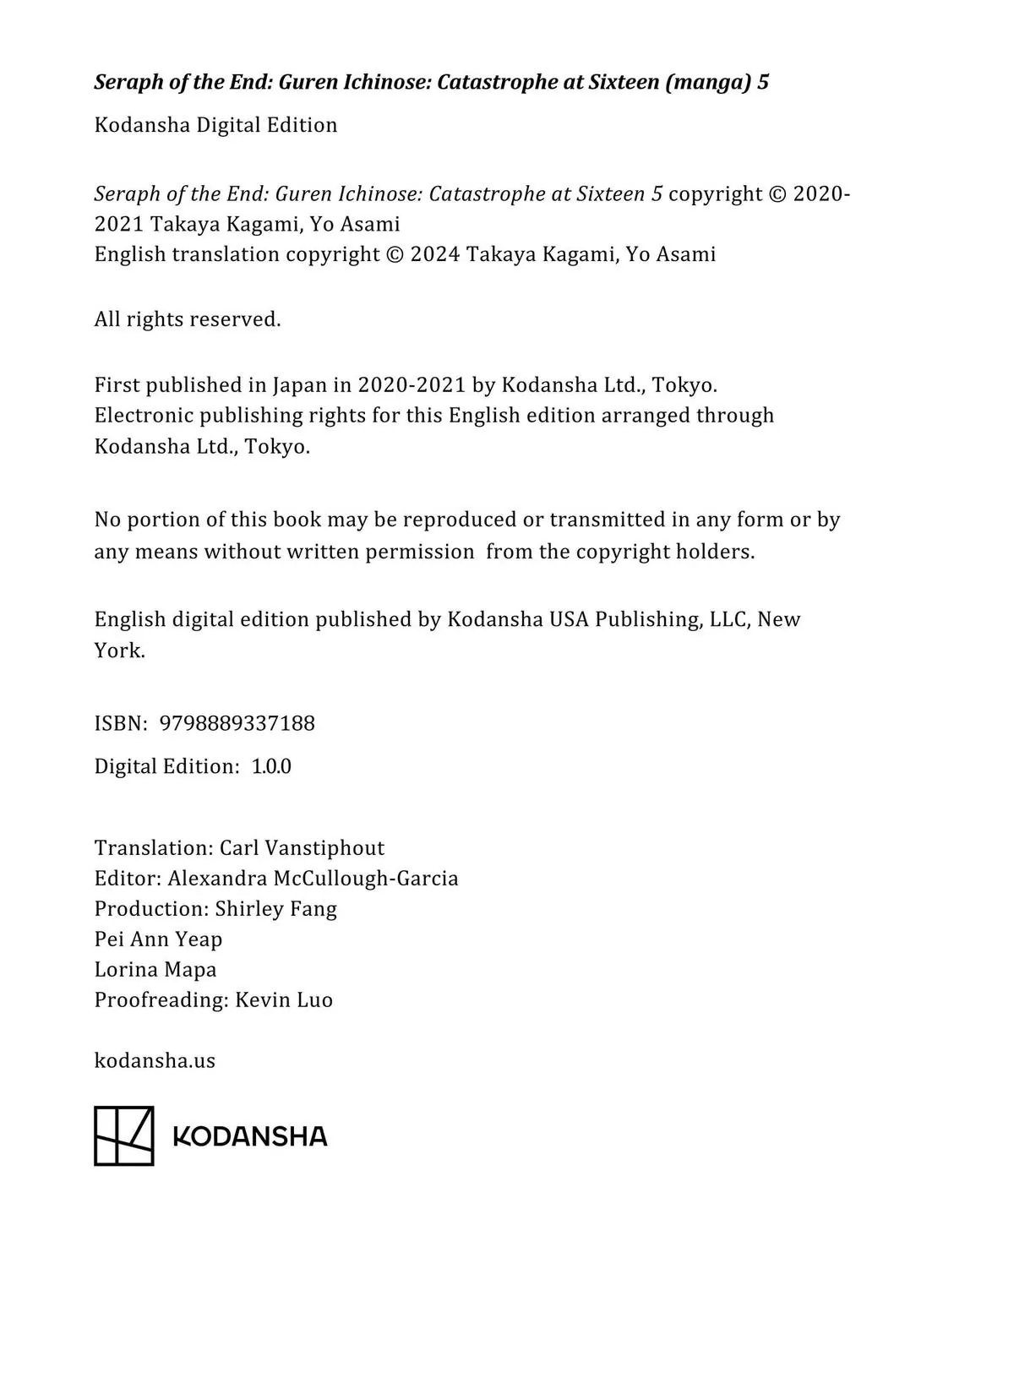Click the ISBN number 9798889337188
click(x=237, y=723)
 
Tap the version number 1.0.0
click(x=271, y=766)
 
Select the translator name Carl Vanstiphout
click(x=302, y=848)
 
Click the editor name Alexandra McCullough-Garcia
click(x=313, y=879)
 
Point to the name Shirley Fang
click(x=275, y=909)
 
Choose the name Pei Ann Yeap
click(x=158, y=939)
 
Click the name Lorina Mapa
click(x=155, y=970)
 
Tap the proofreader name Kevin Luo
click(x=284, y=1000)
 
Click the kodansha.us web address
click(x=155, y=1060)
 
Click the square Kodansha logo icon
click(x=124, y=1135)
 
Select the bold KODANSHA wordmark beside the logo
click(x=250, y=1136)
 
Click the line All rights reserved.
click(x=188, y=319)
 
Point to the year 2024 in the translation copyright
click(x=434, y=254)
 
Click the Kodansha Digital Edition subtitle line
click(x=215, y=125)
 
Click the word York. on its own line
click(x=119, y=651)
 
